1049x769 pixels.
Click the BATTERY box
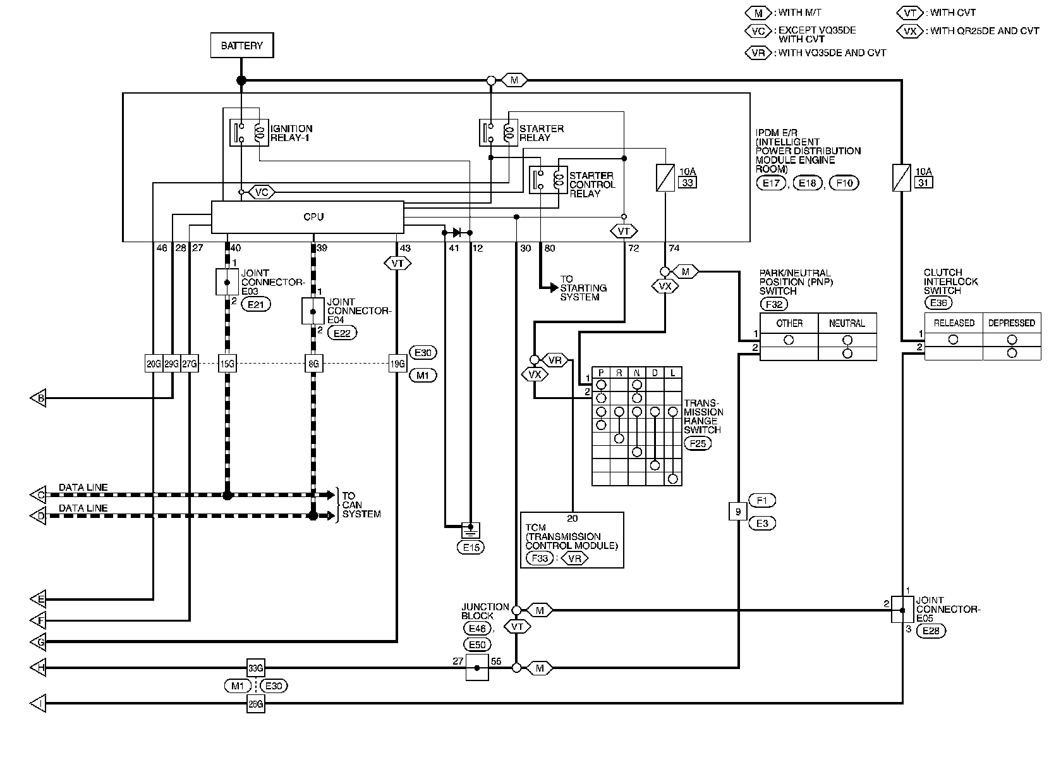point(241,46)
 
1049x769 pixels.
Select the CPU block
point(307,217)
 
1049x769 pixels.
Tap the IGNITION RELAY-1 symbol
point(249,133)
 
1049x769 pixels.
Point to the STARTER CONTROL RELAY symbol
point(549,180)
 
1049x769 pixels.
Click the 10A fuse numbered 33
point(665,178)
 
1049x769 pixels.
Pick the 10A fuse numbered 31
point(902,178)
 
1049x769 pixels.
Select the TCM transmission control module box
point(572,540)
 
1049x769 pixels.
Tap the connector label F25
point(698,443)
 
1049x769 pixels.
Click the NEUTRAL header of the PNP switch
point(847,323)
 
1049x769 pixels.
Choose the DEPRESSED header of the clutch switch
point(1012,323)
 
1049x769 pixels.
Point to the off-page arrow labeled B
point(39,398)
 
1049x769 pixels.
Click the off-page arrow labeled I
point(39,703)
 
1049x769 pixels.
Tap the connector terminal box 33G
point(256,668)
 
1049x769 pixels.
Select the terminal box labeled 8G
point(313,363)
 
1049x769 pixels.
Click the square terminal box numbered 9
point(738,511)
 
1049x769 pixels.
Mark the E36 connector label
point(938,303)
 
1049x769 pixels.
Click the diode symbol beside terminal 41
point(457,233)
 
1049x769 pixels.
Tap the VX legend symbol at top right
point(910,31)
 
